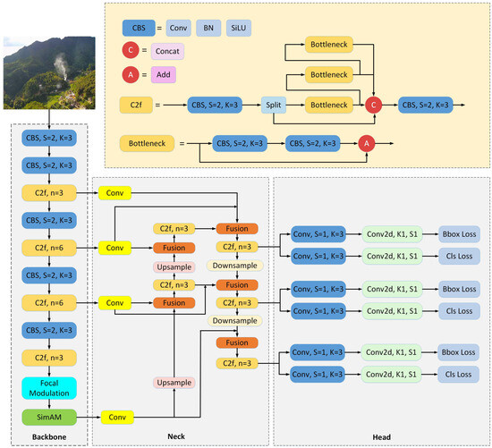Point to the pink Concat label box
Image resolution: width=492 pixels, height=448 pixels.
(x=168, y=52)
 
